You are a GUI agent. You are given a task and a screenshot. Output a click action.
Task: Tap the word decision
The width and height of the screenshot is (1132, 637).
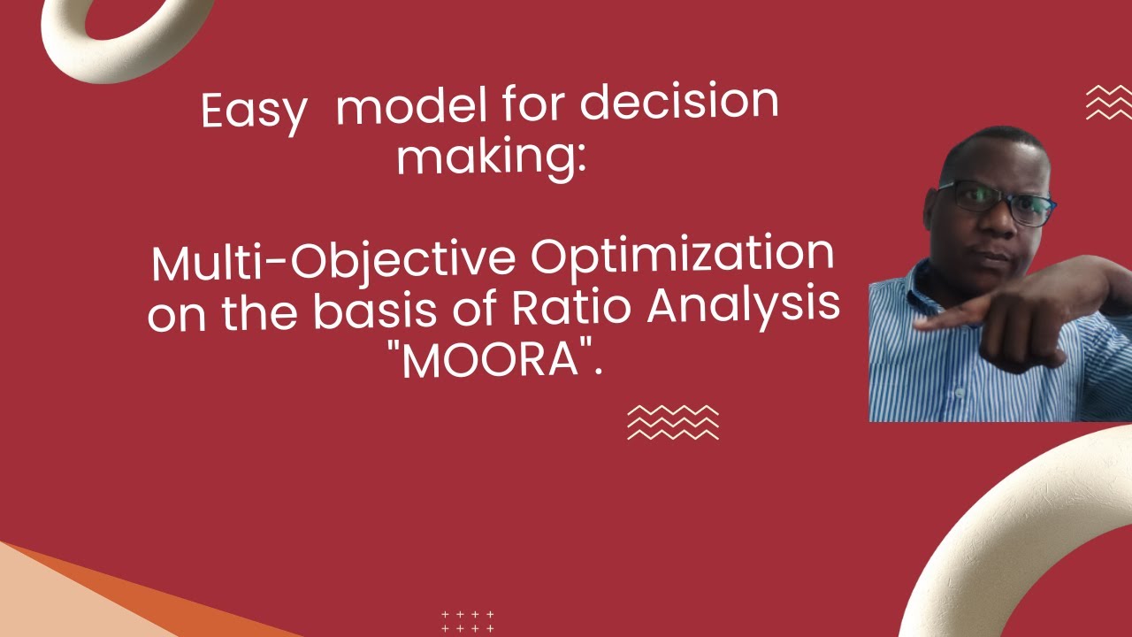[x=679, y=104]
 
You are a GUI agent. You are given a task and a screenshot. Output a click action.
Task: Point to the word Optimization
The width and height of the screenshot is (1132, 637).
[x=681, y=255]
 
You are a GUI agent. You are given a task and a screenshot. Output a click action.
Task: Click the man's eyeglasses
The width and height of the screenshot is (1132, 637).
[x=995, y=202]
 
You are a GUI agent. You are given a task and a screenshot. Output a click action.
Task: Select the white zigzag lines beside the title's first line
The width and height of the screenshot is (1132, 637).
[x=1108, y=103]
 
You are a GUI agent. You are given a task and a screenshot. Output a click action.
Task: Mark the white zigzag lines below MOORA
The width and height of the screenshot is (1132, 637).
[x=672, y=422]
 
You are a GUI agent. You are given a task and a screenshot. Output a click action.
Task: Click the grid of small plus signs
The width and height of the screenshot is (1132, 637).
[x=467, y=621]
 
